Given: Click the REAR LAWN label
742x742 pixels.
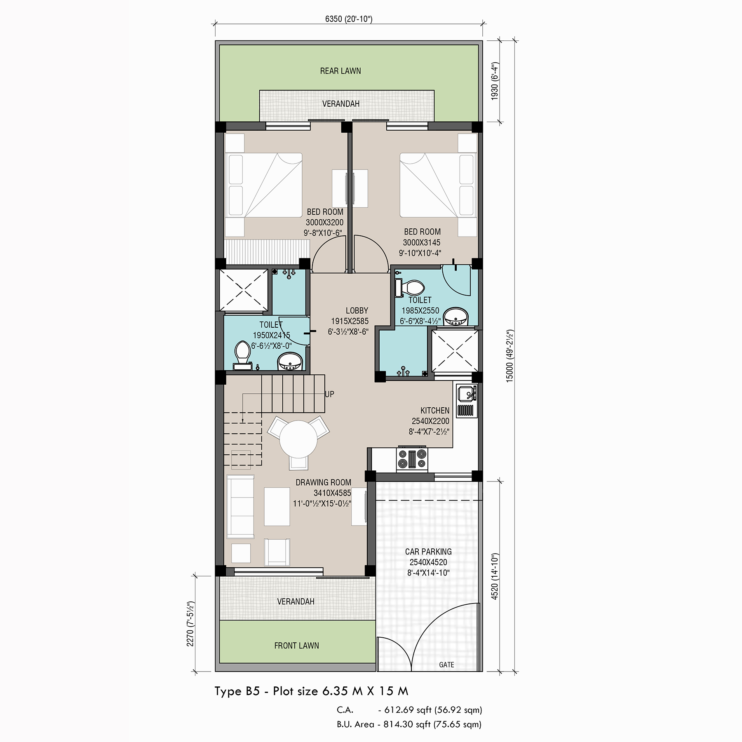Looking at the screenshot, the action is click(340, 71).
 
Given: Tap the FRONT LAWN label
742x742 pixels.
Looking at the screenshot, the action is click(296, 646).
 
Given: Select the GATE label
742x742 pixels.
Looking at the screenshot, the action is click(446, 665).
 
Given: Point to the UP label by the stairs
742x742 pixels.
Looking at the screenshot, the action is click(329, 394).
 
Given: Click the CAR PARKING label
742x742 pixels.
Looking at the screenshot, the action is click(428, 552).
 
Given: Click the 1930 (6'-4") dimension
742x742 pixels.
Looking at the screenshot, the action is click(495, 81).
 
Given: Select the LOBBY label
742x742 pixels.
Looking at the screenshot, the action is click(357, 310).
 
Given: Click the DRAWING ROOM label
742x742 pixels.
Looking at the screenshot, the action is click(324, 482).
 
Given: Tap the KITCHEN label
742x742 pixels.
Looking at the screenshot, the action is click(435, 411).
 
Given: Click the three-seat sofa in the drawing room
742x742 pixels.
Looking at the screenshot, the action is click(240, 507).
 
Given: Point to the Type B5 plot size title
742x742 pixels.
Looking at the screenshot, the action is click(311, 691).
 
